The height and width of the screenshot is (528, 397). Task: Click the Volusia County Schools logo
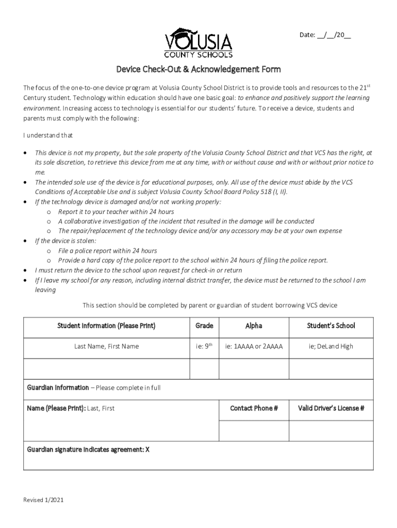click(198, 43)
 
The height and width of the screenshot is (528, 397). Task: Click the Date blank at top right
click(326, 35)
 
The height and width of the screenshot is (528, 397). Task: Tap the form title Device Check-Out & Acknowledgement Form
click(198, 69)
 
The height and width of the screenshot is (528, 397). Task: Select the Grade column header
click(205, 326)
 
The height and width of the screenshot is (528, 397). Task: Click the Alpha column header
click(254, 326)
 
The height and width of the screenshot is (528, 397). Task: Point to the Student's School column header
click(331, 326)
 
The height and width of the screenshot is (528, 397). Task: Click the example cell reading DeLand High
click(331, 346)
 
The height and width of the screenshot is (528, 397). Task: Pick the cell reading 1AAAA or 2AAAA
click(254, 346)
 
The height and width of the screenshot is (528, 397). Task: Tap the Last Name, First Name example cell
click(106, 346)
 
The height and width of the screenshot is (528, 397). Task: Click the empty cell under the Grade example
click(205, 368)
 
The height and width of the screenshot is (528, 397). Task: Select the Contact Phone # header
click(254, 408)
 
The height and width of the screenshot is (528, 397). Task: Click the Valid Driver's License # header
click(331, 408)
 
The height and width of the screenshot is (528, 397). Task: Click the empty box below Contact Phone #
click(254, 430)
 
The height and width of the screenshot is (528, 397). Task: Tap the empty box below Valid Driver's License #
click(331, 430)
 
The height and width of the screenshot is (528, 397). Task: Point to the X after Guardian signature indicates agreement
click(147, 449)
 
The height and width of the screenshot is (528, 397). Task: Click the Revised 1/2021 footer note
click(44, 500)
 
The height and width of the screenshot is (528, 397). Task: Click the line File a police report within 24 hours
click(107, 251)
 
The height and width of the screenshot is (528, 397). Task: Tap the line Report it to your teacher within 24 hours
click(116, 212)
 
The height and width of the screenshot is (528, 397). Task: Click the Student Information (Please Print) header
click(106, 326)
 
